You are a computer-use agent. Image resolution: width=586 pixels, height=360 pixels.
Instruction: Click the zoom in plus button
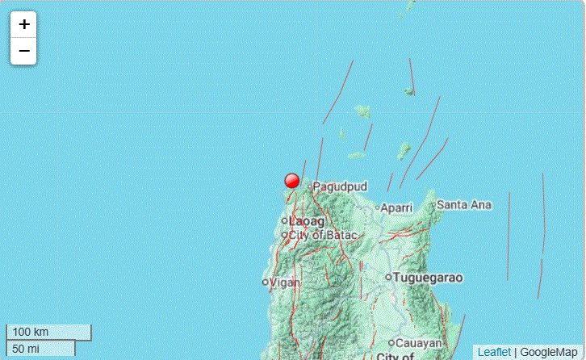point(24,24)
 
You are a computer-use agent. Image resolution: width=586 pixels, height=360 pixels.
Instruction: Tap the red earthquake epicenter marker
point(292,181)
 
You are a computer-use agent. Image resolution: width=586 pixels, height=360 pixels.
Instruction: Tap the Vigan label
point(285,283)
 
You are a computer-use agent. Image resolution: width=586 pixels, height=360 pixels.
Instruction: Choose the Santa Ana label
point(464,205)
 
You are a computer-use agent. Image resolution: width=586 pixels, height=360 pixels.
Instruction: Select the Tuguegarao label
point(429,278)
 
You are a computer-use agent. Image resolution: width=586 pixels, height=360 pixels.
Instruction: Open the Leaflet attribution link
point(494,352)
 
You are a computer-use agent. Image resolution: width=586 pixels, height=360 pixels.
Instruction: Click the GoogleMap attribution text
point(549,352)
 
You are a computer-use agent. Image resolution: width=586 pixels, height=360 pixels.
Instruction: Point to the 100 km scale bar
point(48,332)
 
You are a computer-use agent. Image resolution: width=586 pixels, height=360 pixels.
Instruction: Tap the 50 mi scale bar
point(40,348)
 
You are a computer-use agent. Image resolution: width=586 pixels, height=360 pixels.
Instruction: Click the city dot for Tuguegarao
point(388,277)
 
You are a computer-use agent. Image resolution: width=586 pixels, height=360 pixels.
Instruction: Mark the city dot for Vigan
point(266,282)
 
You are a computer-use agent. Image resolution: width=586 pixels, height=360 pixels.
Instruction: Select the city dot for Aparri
point(378,207)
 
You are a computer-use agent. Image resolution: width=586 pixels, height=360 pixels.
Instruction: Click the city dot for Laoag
point(284,220)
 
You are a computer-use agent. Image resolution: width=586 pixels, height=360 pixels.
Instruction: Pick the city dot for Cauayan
point(391,342)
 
